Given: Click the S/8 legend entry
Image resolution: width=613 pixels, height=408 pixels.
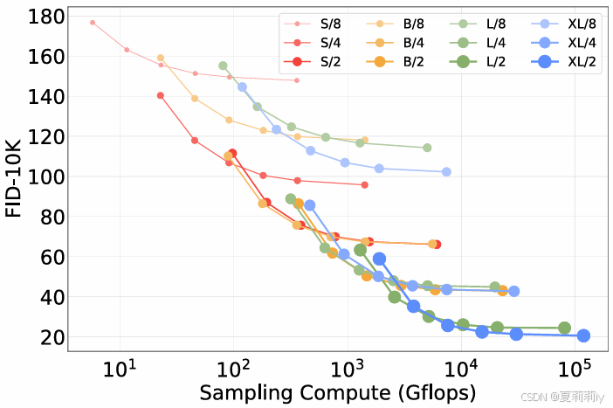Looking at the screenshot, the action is [313, 24].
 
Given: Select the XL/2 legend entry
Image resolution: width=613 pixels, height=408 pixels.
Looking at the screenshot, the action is [564, 61].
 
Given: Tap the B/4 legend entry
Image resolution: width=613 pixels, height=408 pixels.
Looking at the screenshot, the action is [396, 43].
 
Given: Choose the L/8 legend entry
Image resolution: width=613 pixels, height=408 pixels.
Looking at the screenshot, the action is [478, 24].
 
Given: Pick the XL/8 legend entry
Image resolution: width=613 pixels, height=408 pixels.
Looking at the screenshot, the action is [564, 24].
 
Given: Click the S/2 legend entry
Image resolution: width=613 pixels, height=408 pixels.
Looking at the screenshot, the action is [313, 61].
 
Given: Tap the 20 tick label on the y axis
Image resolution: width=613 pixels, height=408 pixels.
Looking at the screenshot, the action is [52, 337].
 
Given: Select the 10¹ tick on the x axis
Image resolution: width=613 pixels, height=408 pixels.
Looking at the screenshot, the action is [120, 369].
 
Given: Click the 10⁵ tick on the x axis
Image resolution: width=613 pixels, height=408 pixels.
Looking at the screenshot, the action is [575, 369].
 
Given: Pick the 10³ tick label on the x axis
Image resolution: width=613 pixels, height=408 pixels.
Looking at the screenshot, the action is [348, 369].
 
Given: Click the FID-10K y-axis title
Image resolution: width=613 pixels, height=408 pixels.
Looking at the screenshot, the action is [13, 178].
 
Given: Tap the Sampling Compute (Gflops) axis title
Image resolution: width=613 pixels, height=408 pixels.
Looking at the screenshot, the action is [338, 393].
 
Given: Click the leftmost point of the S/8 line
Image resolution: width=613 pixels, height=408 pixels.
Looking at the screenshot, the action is [93, 23].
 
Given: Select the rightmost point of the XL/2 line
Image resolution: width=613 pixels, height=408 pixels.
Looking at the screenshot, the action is [583, 335].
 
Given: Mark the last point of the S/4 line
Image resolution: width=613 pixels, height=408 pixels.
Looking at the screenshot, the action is [365, 184].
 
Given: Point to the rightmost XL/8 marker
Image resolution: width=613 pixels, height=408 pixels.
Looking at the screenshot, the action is [446, 172].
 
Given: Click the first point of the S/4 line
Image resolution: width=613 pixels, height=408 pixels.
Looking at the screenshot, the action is [161, 95].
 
